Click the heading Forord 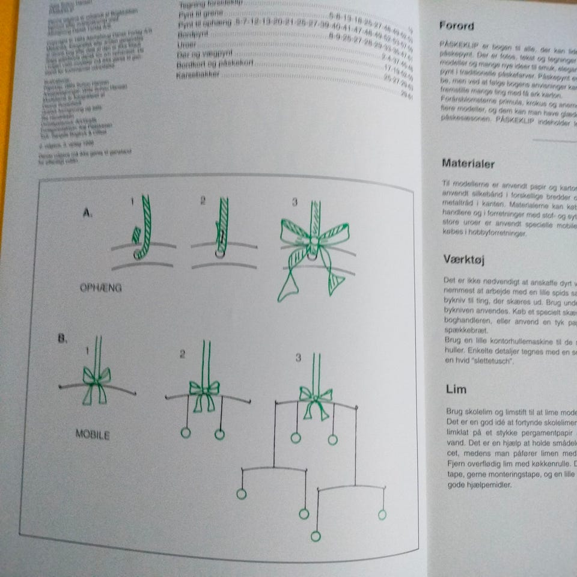click(x=456, y=26)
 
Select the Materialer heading click(x=468, y=163)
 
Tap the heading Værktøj click(x=464, y=260)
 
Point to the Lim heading click(x=456, y=389)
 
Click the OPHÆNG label click(x=100, y=288)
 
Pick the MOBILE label click(x=93, y=434)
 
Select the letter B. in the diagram click(x=63, y=339)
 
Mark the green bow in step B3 click(x=315, y=400)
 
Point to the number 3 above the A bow click(x=295, y=203)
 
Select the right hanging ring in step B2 click(x=220, y=434)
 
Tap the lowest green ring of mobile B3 click(x=316, y=536)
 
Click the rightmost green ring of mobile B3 click(x=382, y=514)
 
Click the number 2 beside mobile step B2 click(x=182, y=355)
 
